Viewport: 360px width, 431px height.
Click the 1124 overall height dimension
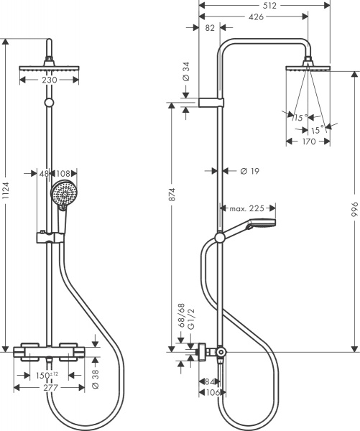coord(6,194)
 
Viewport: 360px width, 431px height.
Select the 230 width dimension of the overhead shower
coord(50,80)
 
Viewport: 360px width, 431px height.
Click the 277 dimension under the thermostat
coord(50,389)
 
